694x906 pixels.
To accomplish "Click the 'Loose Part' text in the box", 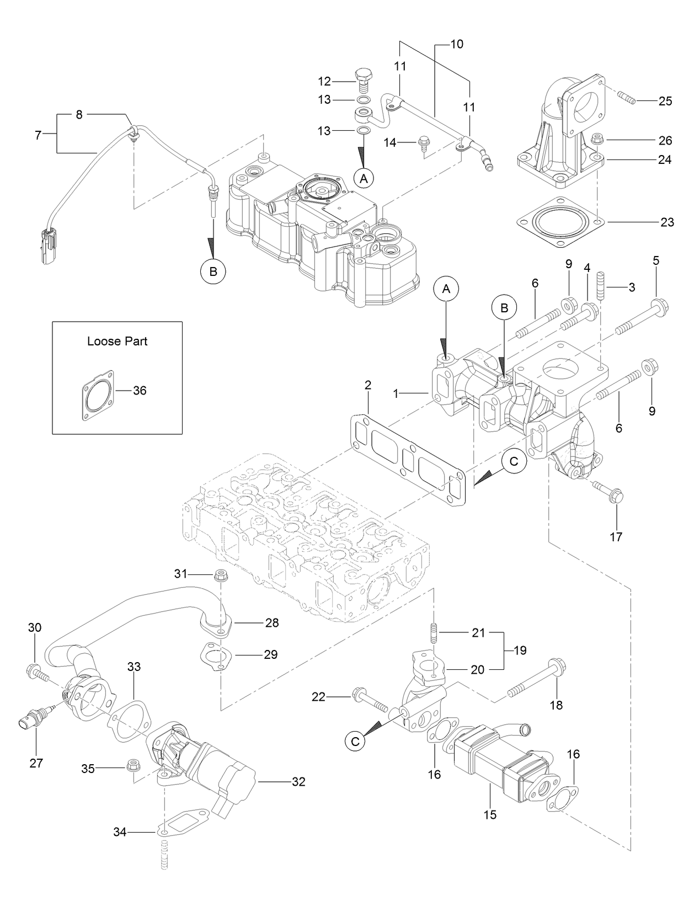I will tap(117, 341).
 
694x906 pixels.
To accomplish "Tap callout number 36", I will tap(140, 391).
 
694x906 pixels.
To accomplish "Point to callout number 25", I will tap(665, 101).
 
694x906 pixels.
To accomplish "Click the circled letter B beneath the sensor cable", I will tap(213, 271).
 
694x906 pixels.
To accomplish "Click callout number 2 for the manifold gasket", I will tap(368, 385).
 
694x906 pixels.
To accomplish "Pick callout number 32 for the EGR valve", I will tap(298, 782).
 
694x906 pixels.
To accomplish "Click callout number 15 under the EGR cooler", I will tap(490, 814).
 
